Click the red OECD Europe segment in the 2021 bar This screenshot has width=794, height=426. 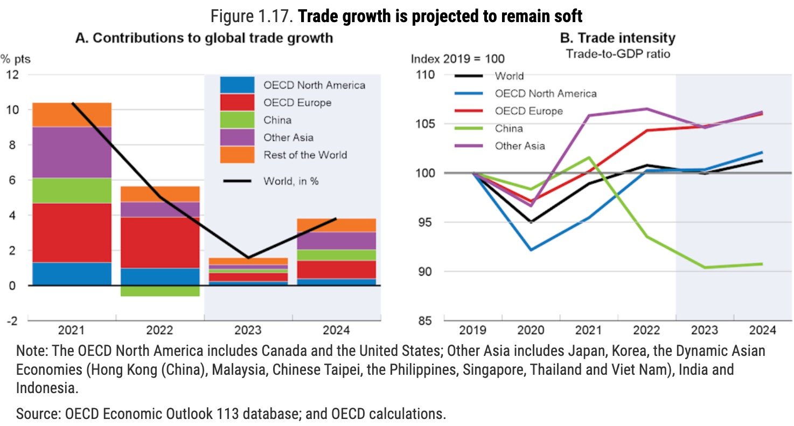tap(72, 232)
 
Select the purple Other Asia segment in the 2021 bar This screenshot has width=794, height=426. tap(72, 152)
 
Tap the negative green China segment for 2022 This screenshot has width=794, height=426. tap(159, 291)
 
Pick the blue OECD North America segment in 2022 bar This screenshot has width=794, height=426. tap(159, 277)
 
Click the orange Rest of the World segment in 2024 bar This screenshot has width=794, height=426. tap(336, 225)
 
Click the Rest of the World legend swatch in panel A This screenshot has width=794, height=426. tap(237, 155)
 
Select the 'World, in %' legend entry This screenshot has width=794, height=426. tap(291, 181)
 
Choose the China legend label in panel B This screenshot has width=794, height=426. tap(509, 128)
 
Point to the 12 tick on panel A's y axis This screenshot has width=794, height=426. tap(12, 74)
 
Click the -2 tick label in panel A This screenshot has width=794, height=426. tap(11, 320)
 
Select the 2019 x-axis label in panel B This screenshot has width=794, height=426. tap(473, 330)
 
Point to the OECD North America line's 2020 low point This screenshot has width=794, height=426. tap(531, 250)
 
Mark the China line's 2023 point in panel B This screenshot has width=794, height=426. tap(705, 267)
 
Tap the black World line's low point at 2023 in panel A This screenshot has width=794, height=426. tap(248, 258)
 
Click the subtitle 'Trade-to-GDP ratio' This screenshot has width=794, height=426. tap(617, 54)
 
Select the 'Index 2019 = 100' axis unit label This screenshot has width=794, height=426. tap(458, 59)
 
